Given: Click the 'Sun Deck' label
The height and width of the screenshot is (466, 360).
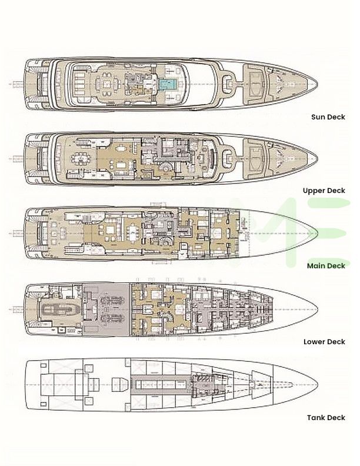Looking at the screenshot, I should [x=328, y=116].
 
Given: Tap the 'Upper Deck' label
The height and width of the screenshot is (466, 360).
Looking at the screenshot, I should [x=324, y=191].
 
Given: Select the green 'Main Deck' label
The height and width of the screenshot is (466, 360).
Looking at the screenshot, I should [x=325, y=265].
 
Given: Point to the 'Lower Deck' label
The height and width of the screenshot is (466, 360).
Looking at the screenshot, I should [x=324, y=341].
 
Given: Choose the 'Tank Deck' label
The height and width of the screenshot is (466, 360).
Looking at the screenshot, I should [x=326, y=418].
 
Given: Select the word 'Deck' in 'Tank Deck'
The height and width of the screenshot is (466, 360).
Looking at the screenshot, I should [x=336, y=418].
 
